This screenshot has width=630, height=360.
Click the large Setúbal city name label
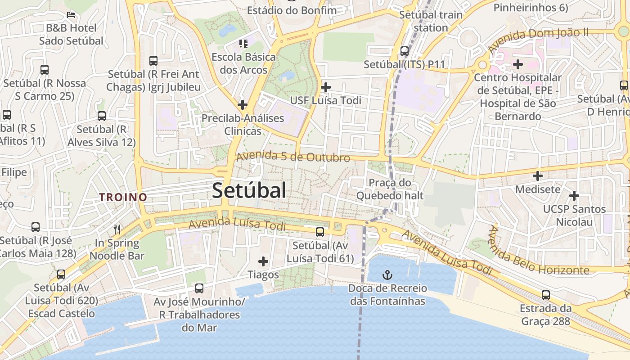click(249, 190)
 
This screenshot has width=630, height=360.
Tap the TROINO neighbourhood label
click(123, 197)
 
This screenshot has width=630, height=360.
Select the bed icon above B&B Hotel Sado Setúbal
click(71, 14)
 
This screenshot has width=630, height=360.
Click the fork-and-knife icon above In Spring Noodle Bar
click(117, 229)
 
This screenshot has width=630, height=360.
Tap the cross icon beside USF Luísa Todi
click(326, 87)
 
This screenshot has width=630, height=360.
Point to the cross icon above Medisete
click(538, 175)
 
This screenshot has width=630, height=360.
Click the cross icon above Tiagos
click(263, 261)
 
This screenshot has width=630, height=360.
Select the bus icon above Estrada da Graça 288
click(546, 295)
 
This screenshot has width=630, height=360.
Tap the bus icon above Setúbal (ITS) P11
click(405, 51)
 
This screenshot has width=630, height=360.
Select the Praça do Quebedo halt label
click(390, 189)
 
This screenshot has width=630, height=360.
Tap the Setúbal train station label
click(431, 21)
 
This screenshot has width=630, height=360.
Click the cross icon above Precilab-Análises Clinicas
click(243, 105)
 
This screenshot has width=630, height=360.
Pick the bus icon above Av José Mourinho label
click(199, 288)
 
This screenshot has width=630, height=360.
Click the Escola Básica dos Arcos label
click(243, 63)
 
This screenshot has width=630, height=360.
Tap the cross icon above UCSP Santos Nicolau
click(574, 196)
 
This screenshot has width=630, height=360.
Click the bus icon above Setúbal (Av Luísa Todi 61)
click(320, 232)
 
